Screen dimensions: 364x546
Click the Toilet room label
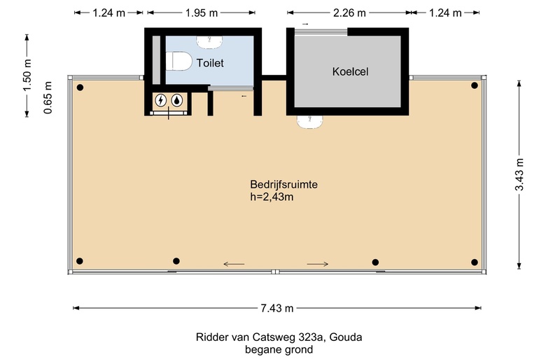click(x=210, y=63)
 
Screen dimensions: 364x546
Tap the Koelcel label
click(x=350, y=71)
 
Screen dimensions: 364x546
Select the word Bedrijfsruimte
click(x=284, y=185)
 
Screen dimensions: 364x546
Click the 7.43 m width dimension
click(x=276, y=308)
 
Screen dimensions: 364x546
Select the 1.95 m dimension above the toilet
click(x=201, y=13)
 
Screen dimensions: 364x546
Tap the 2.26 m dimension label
click(x=348, y=13)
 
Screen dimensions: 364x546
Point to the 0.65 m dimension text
click(x=47, y=99)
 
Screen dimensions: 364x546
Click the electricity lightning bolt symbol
click(x=162, y=100)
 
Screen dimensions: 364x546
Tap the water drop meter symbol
click(x=178, y=100)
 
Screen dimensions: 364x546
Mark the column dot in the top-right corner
click(x=475, y=86)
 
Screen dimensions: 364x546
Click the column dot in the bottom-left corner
click(x=80, y=262)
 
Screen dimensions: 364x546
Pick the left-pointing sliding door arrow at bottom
click(x=234, y=264)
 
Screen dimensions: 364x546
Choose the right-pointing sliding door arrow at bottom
click(x=318, y=264)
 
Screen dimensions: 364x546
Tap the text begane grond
click(x=279, y=349)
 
